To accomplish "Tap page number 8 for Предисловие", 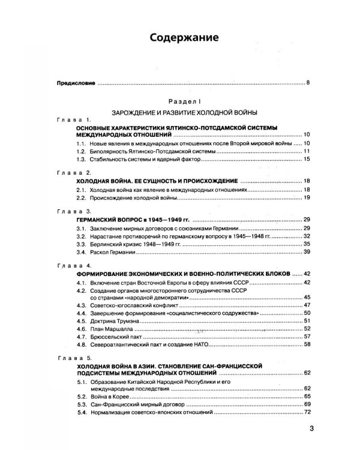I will click(307, 82).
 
